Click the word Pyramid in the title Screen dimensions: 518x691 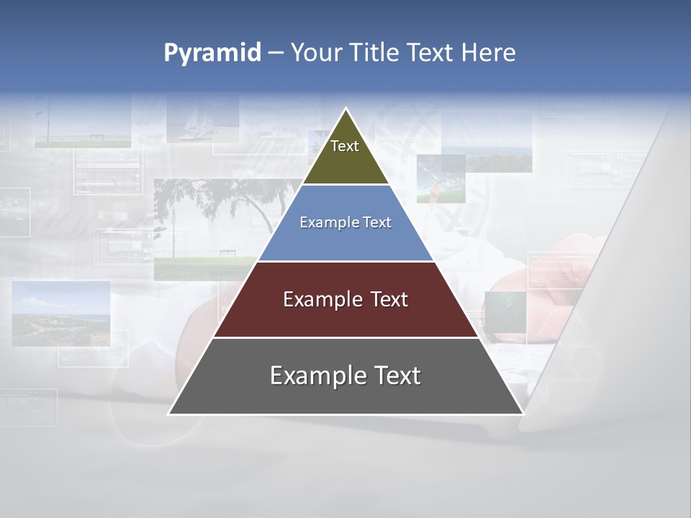(212, 53)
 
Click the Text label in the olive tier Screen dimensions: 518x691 (345, 146)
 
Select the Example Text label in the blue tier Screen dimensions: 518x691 (345, 222)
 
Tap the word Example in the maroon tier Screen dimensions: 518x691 (322, 299)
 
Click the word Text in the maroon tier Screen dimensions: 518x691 (389, 299)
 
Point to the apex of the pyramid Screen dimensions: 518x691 (346, 109)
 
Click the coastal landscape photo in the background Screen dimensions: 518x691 (61, 313)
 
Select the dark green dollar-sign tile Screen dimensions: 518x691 (505, 309)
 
